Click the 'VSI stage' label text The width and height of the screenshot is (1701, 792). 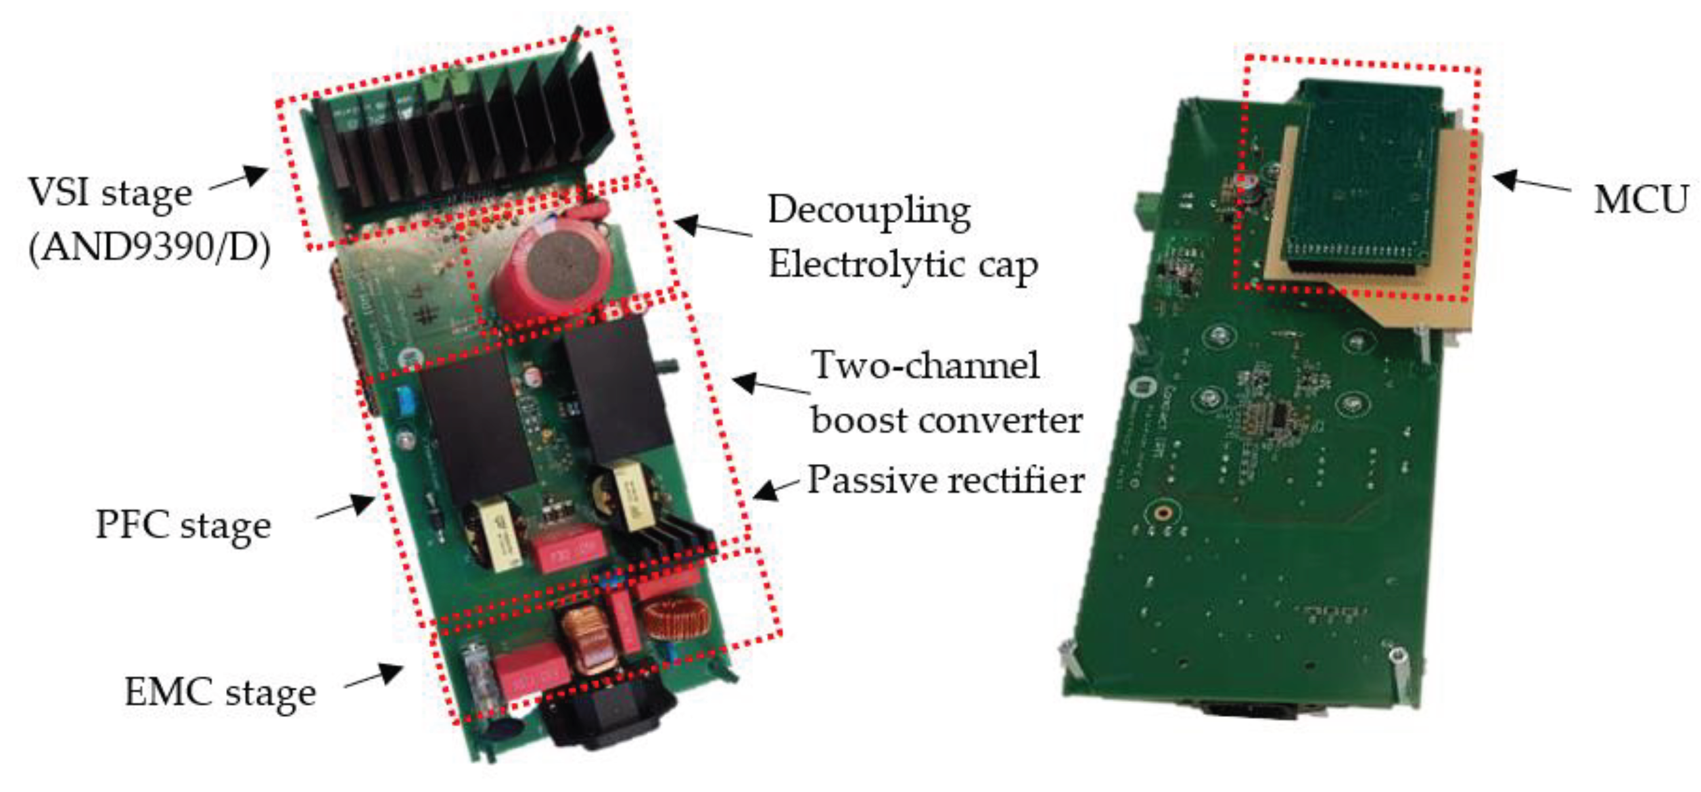[110, 193]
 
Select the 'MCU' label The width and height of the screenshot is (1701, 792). [1641, 199]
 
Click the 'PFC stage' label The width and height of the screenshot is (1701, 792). [183, 526]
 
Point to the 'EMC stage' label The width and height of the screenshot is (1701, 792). [220, 693]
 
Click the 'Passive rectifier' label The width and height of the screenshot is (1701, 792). [945, 480]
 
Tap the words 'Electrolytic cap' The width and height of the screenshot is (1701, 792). [902, 265]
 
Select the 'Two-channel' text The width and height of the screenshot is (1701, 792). [926, 365]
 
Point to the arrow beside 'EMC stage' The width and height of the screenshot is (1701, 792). [374, 678]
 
